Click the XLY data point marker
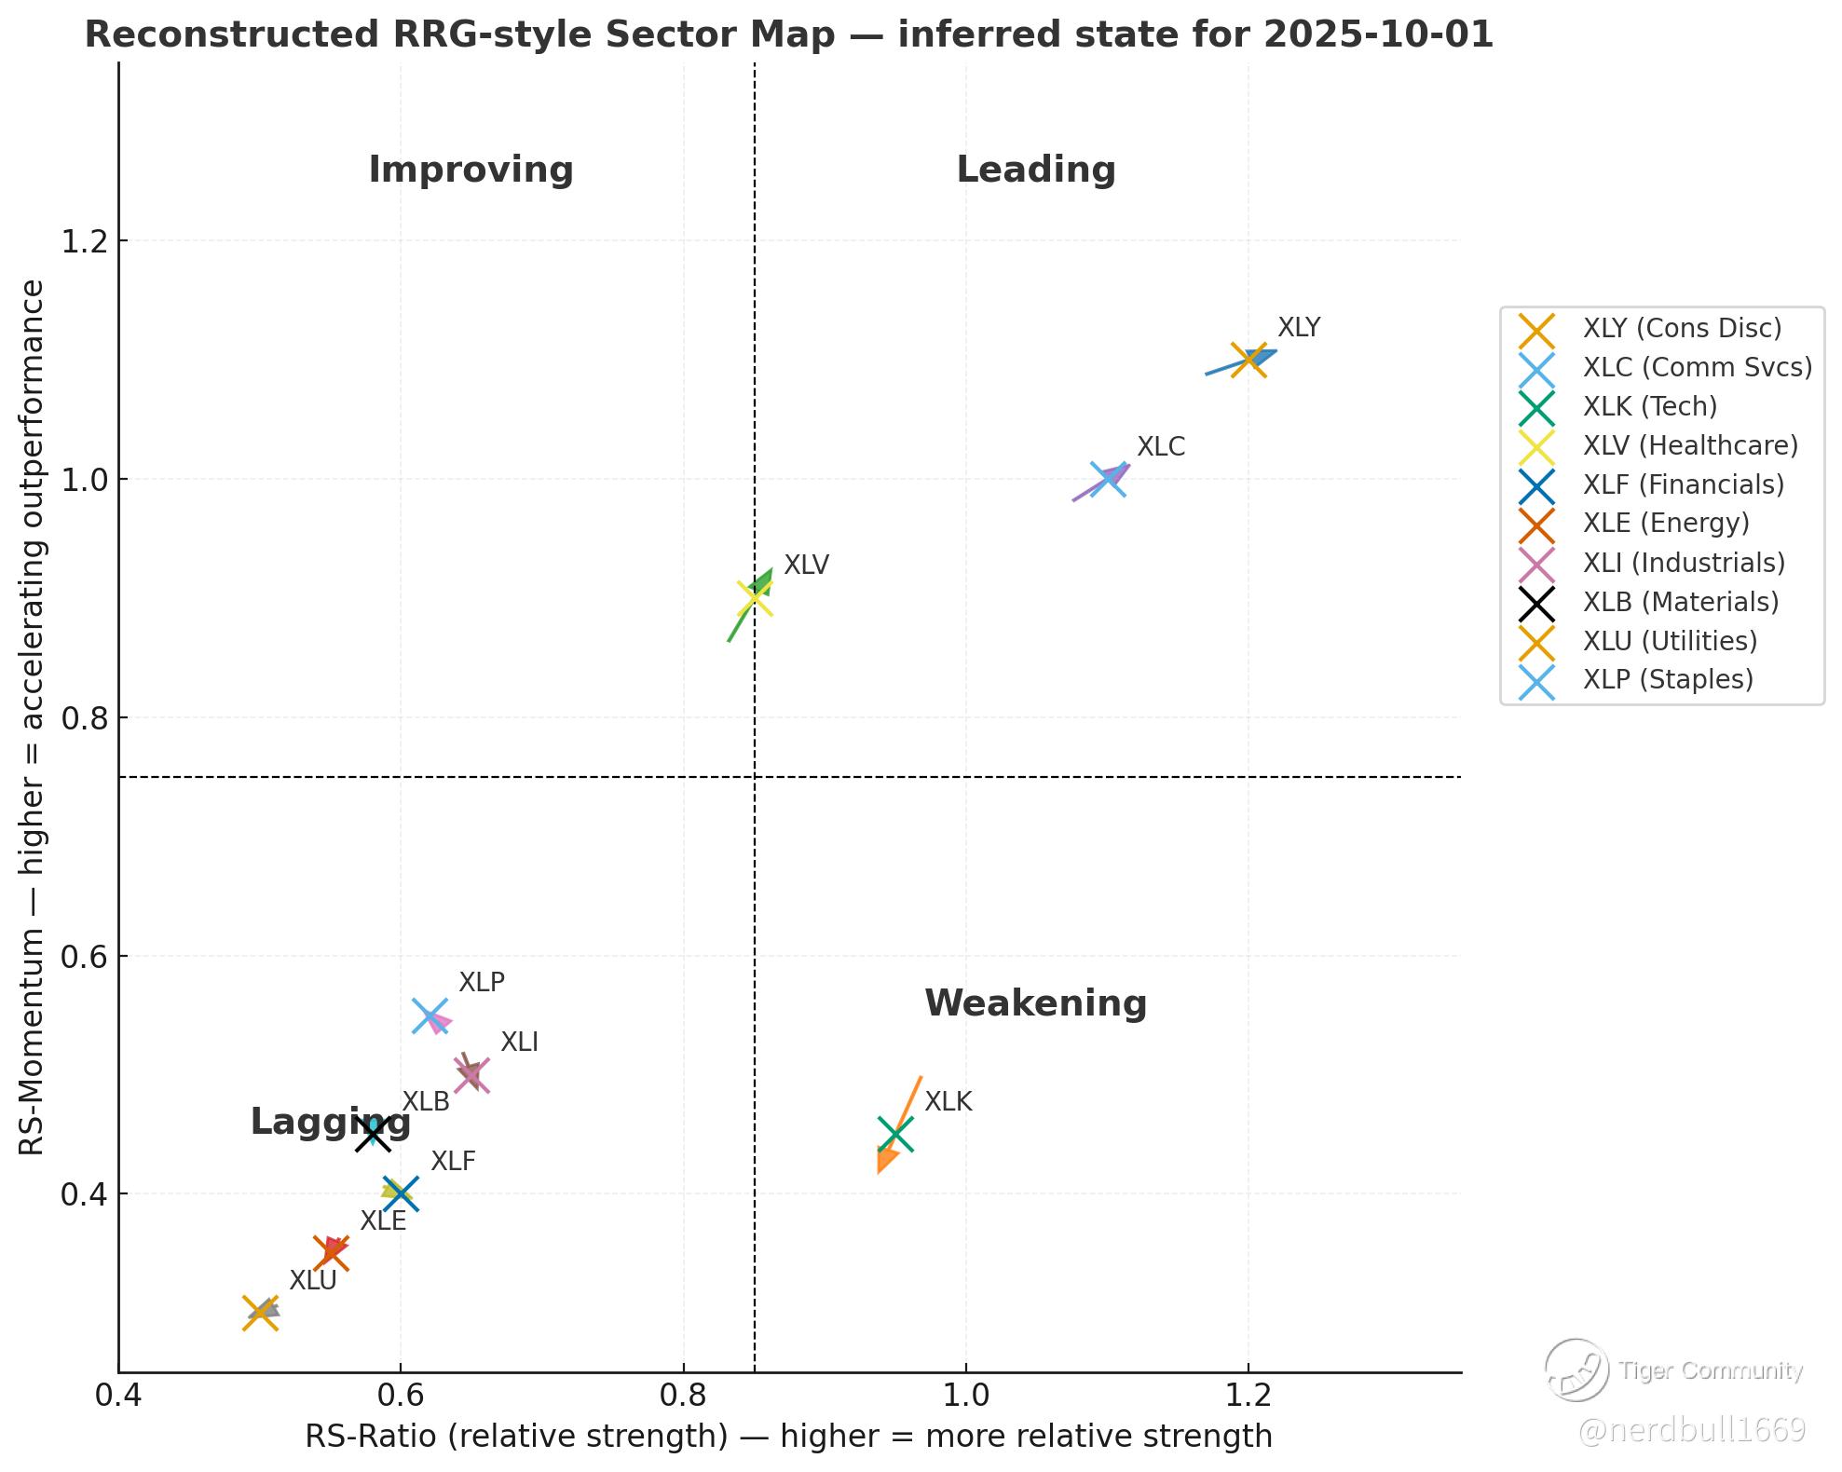click(1248, 360)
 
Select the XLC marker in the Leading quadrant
click(1108, 479)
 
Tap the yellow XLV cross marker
click(755, 598)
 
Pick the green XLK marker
click(895, 1134)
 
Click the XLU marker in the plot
click(261, 1313)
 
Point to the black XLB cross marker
click(373, 1134)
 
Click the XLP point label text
click(482, 983)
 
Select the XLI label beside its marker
click(519, 1043)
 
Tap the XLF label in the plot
click(453, 1162)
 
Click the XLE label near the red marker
click(383, 1221)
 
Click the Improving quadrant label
click(471, 170)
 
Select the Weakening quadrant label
click(1035, 1003)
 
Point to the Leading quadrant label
click(1035, 170)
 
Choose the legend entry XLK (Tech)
click(1649, 406)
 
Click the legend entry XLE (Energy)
click(1665, 524)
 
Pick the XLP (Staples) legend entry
click(1667, 679)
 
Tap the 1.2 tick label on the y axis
click(81, 241)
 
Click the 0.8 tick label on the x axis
click(683, 1396)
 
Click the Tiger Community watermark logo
click(1576, 1370)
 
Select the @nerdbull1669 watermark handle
click(1691, 1430)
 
